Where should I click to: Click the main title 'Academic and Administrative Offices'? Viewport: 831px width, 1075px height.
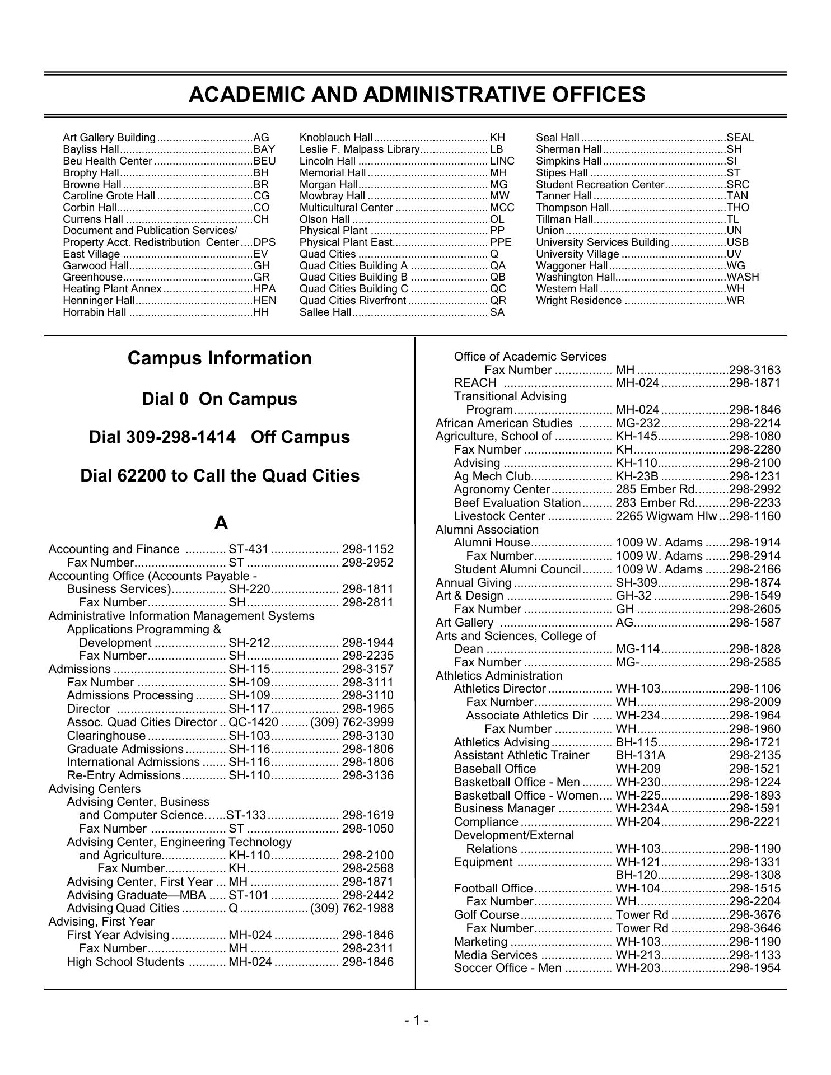tap(417, 95)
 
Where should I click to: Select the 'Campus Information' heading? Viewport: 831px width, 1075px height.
tap(220, 358)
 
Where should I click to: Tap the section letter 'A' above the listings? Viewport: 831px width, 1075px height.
tap(221, 523)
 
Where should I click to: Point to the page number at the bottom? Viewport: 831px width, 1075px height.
tap(417, 1021)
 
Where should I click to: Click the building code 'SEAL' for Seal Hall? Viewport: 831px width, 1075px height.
tap(740, 138)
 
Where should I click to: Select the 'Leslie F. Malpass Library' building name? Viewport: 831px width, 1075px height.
tap(360, 149)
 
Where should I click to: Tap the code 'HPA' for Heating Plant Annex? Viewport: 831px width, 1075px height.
tap(265, 289)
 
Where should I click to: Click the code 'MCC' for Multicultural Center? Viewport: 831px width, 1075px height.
tap(502, 208)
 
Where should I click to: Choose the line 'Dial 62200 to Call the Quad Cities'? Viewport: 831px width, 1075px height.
tap(220, 476)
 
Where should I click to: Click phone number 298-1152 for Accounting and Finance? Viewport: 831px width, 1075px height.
tap(368, 549)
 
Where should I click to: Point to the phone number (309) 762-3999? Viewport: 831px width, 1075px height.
tap(352, 722)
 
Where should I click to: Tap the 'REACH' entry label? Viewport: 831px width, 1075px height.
tap(475, 383)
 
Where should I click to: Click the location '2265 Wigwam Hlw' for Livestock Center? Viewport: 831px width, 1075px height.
tap(666, 516)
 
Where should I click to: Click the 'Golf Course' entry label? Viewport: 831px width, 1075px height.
tap(486, 915)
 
